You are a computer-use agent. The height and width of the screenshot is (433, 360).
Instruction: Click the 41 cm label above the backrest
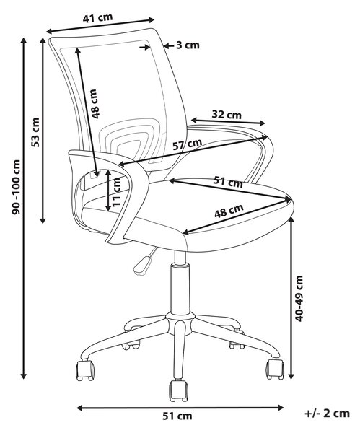97,17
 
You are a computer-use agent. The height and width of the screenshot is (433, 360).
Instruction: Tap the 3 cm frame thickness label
188,45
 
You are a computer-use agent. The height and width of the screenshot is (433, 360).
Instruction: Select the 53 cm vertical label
35,132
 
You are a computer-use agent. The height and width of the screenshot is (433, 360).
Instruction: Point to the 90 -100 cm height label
17,187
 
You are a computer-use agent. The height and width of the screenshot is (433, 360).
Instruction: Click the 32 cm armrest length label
227,114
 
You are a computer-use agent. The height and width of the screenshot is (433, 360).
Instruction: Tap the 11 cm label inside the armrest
116,192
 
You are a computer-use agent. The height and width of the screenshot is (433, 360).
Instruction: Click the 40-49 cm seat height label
299,299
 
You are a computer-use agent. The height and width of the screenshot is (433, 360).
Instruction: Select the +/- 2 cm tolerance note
327,414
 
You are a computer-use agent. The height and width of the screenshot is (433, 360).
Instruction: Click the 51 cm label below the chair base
177,416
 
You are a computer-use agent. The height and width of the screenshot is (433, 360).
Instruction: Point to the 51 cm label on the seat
228,182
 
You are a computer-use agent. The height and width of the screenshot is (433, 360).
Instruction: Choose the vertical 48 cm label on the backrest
95,104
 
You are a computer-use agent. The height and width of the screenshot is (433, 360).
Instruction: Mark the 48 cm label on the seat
229,211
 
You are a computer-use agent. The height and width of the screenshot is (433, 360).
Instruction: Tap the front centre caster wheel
178,390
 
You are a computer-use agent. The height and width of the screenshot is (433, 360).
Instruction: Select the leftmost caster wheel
84,369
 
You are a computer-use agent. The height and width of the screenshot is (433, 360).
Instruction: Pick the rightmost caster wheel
275,369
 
